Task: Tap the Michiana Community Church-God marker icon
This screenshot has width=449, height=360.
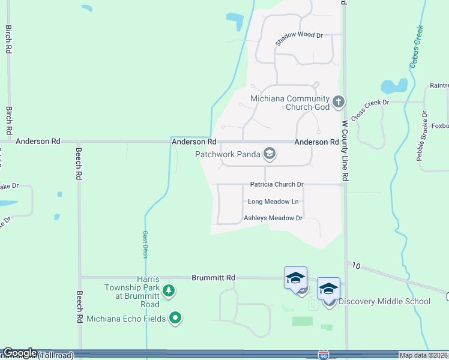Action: click(339, 101)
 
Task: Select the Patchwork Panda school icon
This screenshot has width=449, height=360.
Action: click(270, 155)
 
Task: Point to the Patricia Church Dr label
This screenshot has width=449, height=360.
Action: click(277, 185)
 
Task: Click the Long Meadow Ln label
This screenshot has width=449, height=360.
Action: click(273, 202)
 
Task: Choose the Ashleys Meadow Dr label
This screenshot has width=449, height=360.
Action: click(273, 218)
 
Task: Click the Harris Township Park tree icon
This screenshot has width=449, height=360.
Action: click(170, 291)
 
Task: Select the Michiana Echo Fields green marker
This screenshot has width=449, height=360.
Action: click(175, 317)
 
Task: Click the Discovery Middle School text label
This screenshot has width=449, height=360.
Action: click(384, 301)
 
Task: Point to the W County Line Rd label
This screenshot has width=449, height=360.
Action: click(345, 151)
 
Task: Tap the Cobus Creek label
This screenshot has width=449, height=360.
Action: click(417, 46)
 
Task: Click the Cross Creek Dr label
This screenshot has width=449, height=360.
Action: click(370, 110)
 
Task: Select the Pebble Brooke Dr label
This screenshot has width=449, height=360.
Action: click(421, 136)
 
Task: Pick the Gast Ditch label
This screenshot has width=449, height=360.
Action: click(145, 244)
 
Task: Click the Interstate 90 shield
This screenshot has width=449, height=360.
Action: click(324, 356)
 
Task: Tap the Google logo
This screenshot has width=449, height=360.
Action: click(20, 353)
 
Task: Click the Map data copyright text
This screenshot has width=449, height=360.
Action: click(423, 355)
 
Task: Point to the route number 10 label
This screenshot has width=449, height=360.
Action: click(356, 265)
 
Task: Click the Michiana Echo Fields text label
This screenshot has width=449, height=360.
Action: click(126, 319)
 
